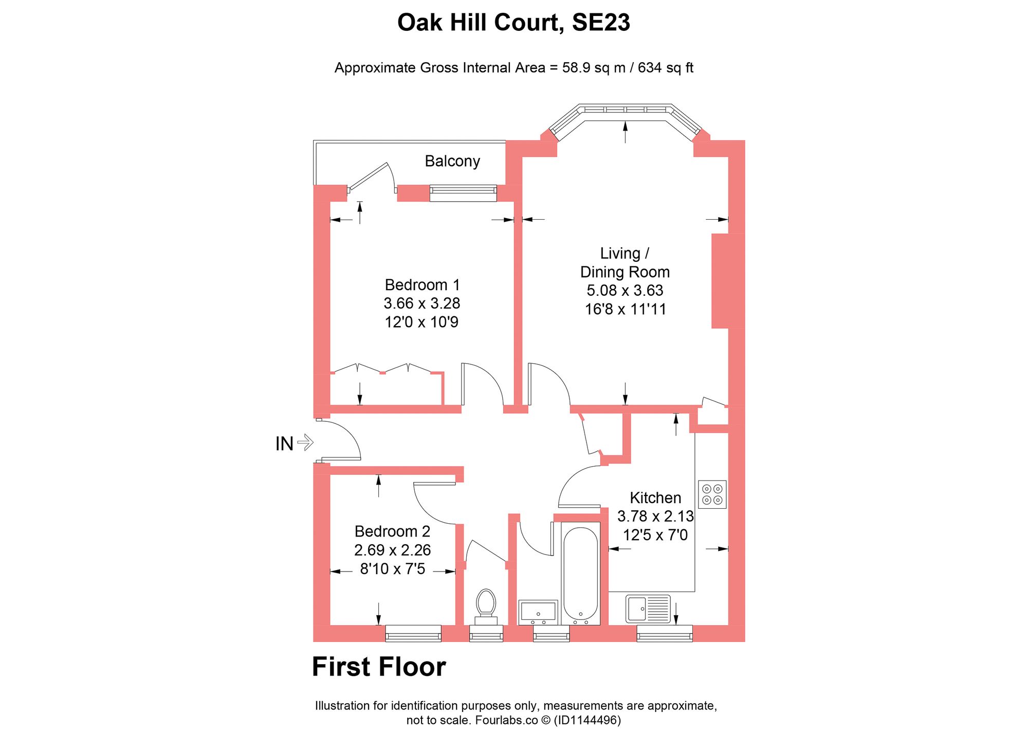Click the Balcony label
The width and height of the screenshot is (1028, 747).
[452, 162]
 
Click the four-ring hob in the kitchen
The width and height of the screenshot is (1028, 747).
[712, 494]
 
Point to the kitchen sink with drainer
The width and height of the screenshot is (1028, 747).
[648, 609]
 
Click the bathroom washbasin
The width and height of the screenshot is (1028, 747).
[538, 612]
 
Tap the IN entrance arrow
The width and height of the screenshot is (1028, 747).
[305, 442]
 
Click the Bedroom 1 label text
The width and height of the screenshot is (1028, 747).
[422, 285]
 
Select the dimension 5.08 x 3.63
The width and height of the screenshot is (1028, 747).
[625, 291]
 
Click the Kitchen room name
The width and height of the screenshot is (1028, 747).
[655, 498]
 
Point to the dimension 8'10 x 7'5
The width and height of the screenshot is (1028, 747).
[392, 569]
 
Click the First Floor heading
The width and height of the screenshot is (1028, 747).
[379, 667]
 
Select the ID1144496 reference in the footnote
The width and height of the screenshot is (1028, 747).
[586, 720]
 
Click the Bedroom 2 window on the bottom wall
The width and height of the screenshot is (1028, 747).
[413, 634]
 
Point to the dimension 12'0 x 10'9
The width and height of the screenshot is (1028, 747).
[421, 323]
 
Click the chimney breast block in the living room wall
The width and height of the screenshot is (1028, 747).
[727, 281]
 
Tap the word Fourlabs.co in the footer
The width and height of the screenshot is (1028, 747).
[506, 720]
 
